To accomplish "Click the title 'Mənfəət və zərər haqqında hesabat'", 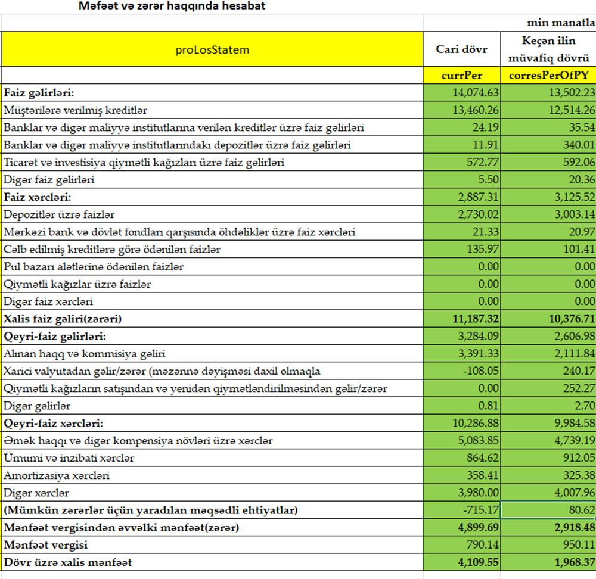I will coord(172,7).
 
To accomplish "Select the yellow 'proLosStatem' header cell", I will coord(212,49).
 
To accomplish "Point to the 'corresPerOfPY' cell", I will coord(548,76).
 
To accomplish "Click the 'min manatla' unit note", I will coord(561,23).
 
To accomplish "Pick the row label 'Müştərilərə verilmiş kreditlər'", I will coord(76,110).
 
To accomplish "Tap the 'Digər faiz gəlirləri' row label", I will coord(49,179).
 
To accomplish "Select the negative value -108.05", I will coord(480,371).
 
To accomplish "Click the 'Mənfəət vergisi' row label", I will coord(45,545).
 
